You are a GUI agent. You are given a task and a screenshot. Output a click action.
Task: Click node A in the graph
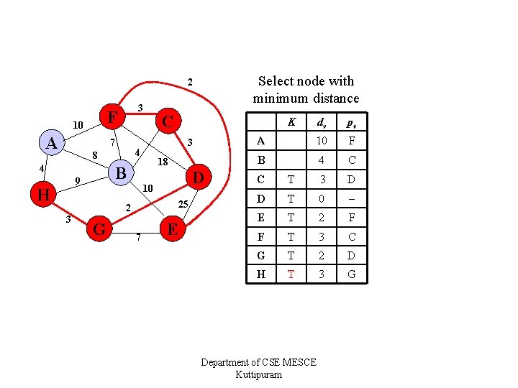[51, 143]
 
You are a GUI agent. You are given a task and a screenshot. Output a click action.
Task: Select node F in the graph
[111, 116]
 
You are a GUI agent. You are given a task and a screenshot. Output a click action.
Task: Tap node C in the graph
[167, 121]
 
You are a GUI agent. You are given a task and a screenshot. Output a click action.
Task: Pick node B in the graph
[121, 173]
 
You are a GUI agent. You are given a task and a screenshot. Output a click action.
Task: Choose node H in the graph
[42, 195]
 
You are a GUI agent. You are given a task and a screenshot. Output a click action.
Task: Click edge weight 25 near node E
[183, 205]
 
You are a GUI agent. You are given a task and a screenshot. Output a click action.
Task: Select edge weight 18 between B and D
[163, 162]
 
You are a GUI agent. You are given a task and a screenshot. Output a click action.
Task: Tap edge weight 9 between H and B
[77, 180]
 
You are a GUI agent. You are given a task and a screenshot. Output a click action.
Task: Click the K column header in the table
[291, 122]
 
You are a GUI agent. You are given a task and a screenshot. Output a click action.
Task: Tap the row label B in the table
[260, 160]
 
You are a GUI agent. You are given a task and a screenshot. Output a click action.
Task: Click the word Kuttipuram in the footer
[258, 375]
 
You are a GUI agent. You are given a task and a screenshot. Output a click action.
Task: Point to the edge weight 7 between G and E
[137, 238]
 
